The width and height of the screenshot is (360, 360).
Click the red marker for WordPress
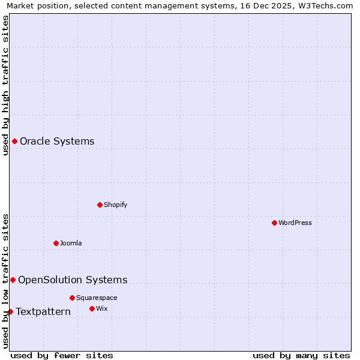pos(274,223)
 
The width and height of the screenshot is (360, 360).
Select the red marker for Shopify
pos(100,205)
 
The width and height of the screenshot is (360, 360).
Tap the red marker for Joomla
pos(56,243)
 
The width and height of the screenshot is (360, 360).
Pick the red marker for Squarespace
pos(72,298)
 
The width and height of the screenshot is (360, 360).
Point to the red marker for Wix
pos(92,308)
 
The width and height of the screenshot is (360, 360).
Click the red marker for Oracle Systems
pos(14,141)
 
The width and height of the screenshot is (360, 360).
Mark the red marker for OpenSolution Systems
pos(13,280)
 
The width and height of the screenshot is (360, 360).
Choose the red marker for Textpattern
pos(10,311)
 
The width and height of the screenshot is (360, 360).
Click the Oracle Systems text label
pos(57,142)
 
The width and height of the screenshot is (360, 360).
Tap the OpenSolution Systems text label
pos(73,280)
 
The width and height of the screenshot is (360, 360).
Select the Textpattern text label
pos(43,311)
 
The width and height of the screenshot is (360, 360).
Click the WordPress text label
pos(295,223)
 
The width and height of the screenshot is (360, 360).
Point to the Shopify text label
pos(116,205)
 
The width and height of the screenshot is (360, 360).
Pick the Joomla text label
pos(71,243)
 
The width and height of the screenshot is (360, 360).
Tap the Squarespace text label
pos(97,298)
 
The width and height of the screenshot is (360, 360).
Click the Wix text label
pos(101,308)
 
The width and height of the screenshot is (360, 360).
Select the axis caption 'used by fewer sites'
pos(62,355)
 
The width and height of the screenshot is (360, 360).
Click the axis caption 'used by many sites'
pos(301,355)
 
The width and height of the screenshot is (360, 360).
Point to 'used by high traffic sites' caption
pos(6,86)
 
